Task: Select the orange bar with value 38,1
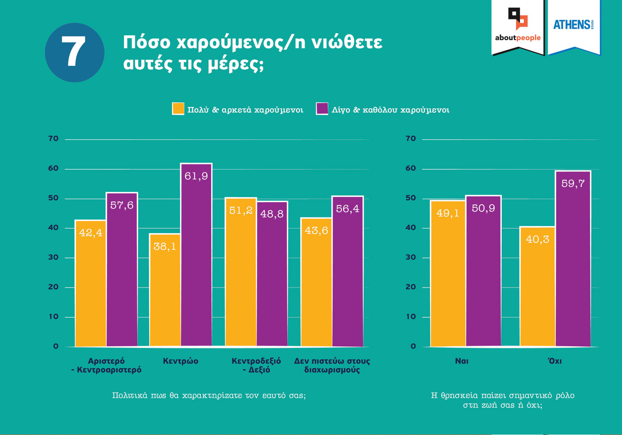pos(165,290)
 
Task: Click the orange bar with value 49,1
pos(448,273)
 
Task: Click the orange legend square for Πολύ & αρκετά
pos(178,109)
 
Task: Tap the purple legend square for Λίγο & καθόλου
pos(322,109)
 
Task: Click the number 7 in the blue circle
pos(74,52)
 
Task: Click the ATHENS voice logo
pos(573,25)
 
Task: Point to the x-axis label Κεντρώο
pos(180,361)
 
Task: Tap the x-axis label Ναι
pos(462,361)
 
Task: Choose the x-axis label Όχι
pos(555,361)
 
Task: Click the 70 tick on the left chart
pos(53,139)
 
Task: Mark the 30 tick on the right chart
pos(411,257)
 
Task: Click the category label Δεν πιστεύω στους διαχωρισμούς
pos(332,365)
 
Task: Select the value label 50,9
pos(483,208)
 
